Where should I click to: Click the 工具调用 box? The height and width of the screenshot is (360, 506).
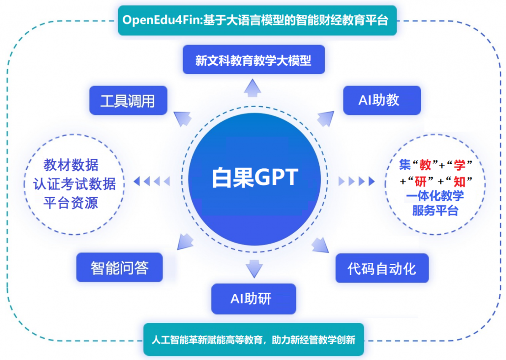[128, 100]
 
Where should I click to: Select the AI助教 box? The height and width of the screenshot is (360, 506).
[382, 100]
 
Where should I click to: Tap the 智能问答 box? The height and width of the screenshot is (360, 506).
[119, 267]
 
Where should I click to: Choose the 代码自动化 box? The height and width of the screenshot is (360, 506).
[382, 268]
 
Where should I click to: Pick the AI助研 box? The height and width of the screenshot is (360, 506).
[254, 299]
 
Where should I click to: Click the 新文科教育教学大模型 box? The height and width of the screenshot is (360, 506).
[254, 60]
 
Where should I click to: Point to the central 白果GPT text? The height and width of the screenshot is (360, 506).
[255, 178]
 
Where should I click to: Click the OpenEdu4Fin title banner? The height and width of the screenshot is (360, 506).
[257, 20]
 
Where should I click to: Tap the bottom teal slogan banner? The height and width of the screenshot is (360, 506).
[254, 339]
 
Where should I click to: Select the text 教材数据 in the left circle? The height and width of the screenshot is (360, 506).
[71, 165]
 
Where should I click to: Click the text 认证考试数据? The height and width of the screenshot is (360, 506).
[74, 184]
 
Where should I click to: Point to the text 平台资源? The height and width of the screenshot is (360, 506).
[71, 203]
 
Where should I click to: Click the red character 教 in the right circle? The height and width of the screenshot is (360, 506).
[425, 165]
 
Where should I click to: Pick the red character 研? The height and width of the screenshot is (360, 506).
[421, 181]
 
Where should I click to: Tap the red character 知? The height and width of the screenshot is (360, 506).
[459, 181]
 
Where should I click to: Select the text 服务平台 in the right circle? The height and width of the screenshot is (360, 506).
[435, 211]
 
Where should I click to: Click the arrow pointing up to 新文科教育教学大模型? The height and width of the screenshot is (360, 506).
[253, 88]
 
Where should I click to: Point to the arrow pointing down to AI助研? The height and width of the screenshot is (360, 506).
[254, 269]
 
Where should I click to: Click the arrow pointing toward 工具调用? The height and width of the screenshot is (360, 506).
[182, 119]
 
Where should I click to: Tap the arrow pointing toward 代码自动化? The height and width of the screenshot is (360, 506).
[320, 245]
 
